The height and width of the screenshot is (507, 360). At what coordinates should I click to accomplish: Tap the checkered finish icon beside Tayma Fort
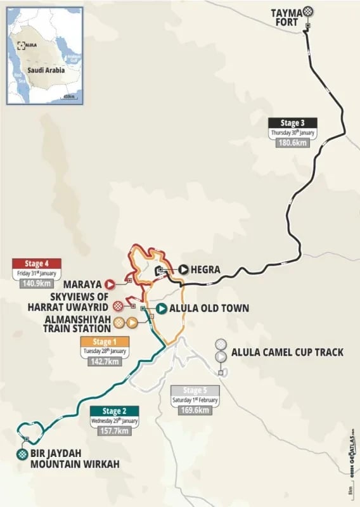(x=307, y=11)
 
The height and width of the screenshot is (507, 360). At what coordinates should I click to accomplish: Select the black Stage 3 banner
(x=292, y=123)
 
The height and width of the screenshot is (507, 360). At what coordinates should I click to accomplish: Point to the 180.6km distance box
(x=292, y=143)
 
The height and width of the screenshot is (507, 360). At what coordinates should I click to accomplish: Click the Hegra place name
(x=206, y=270)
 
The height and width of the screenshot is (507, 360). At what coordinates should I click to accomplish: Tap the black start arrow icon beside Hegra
(x=183, y=269)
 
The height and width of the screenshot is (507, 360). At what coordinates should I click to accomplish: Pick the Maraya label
(x=81, y=285)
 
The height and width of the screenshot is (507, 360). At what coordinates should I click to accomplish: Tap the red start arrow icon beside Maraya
(x=110, y=285)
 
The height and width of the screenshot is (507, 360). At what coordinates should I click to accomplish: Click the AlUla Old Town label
(x=209, y=309)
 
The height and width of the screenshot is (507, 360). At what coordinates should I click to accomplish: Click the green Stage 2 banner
(x=113, y=410)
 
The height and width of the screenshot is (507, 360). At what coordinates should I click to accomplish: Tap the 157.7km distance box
(x=113, y=431)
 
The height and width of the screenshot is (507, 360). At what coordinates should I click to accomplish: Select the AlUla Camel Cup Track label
(x=287, y=352)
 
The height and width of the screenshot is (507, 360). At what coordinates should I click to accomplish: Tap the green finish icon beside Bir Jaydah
(x=23, y=454)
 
